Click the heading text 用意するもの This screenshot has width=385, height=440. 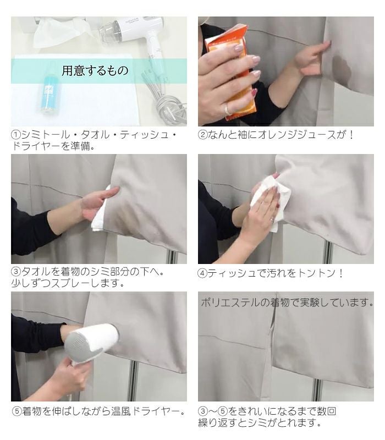(95, 71)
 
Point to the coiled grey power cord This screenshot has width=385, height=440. (170, 109)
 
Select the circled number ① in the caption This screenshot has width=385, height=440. (16, 135)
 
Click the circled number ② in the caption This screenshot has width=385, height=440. (202, 135)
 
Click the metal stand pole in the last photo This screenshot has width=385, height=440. (317, 389)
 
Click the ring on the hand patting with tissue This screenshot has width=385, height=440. (271, 220)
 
